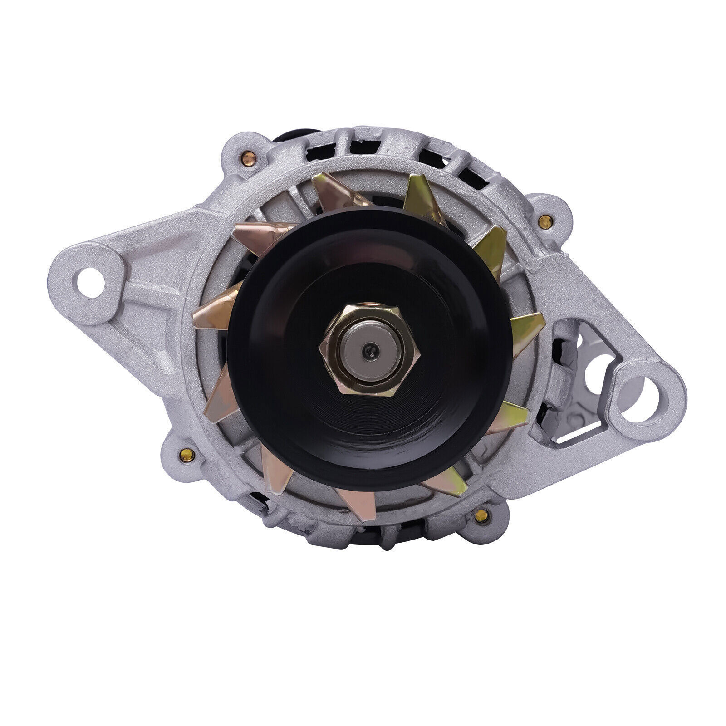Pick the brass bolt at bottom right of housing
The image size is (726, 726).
click(481, 515)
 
